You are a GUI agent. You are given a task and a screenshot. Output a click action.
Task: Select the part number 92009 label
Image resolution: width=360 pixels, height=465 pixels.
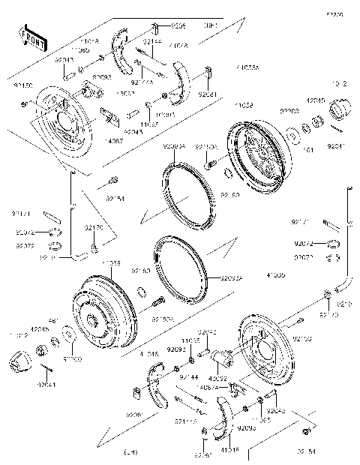(178, 25)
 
